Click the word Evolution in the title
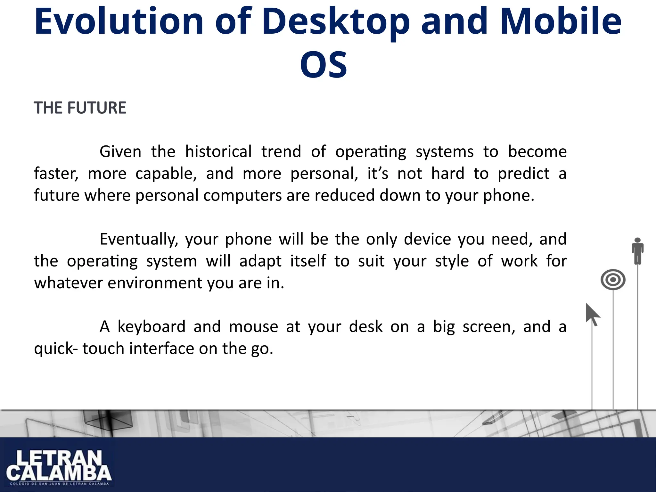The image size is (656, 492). [x=119, y=22]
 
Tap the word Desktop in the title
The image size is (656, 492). [x=336, y=22]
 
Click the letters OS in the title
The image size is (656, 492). [x=324, y=65]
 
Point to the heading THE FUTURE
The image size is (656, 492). [x=80, y=108]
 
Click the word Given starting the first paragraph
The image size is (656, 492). [x=120, y=152]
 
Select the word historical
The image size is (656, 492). [x=218, y=152]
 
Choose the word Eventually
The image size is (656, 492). [x=138, y=240]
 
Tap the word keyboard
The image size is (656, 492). [x=152, y=327]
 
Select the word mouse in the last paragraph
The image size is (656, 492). [x=253, y=327]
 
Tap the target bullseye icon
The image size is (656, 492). [x=613, y=280]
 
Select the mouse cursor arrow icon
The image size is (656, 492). [x=592, y=314]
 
